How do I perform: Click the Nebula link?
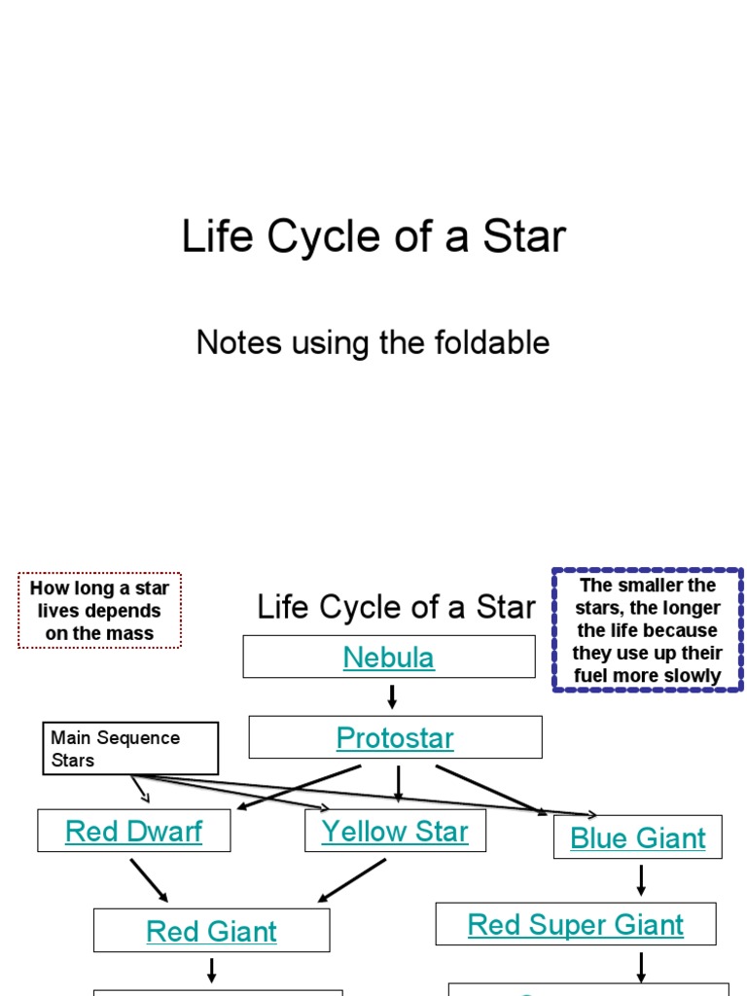pyautogui.click(x=388, y=658)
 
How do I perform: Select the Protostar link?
pyautogui.click(x=395, y=738)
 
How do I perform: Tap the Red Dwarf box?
pyautogui.click(x=133, y=832)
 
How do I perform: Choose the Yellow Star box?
pyautogui.click(x=395, y=832)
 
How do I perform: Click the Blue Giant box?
pyautogui.click(x=638, y=838)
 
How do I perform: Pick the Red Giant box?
pyautogui.click(x=211, y=932)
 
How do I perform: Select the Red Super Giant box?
pyautogui.click(x=576, y=925)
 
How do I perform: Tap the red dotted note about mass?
pyautogui.click(x=99, y=611)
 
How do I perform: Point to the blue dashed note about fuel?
pyautogui.click(x=647, y=630)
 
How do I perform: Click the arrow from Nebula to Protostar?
pyautogui.click(x=391, y=696)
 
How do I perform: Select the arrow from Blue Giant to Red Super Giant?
pyautogui.click(x=641, y=880)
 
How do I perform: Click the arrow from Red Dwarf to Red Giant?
pyautogui.click(x=149, y=880)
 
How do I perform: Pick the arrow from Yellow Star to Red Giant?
pyautogui.click(x=352, y=880)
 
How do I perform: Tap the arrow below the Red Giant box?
pyautogui.click(x=211, y=970)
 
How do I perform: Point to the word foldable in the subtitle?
pyautogui.click(x=498, y=342)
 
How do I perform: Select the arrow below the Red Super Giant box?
pyautogui.click(x=641, y=967)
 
